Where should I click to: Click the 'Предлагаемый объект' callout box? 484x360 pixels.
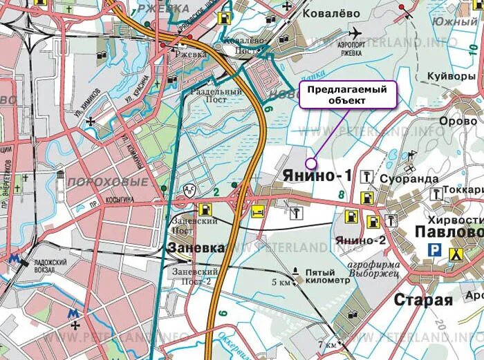click(x=348, y=95)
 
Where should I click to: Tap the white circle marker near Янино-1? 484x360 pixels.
click(x=310, y=163)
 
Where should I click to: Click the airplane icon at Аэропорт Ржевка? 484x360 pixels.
click(x=355, y=32)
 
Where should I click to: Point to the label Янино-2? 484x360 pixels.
click(x=360, y=240)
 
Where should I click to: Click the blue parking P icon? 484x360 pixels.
click(x=434, y=251)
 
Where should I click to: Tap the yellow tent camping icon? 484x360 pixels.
click(x=456, y=253)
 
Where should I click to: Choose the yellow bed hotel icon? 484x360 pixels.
click(x=257, y=211)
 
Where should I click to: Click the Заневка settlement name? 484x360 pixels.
click(x=196, y=247)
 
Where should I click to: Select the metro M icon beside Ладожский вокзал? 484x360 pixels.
click(x=12, y=259)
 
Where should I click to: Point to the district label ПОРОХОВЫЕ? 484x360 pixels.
click(x=108, y=182)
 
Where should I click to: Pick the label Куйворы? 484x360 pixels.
click(x=451, y=76)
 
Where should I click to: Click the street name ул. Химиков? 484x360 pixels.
click(x=95, y=102)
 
